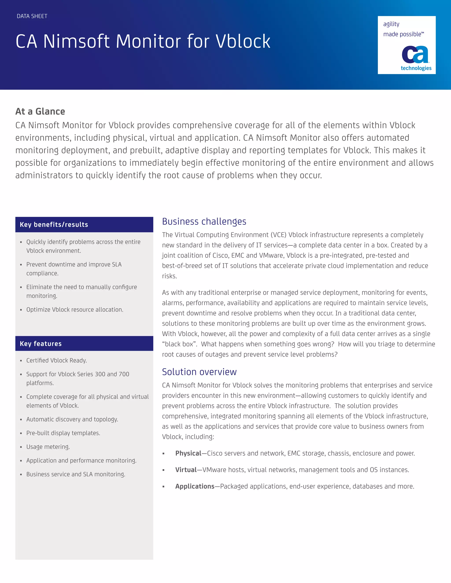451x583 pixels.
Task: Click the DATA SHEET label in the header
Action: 32,16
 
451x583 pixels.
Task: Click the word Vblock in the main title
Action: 243,42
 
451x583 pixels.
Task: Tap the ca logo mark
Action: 415,55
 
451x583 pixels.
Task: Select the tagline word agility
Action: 391,24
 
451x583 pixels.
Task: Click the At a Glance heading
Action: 40,111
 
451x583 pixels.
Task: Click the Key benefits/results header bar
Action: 84,224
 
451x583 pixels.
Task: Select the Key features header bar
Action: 84,344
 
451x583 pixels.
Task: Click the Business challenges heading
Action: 204,222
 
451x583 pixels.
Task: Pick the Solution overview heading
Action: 199,372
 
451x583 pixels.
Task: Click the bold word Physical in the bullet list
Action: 188,453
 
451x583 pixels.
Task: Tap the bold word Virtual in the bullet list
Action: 186,470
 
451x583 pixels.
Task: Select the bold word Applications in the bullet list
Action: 195,486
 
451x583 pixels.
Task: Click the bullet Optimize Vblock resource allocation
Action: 75,310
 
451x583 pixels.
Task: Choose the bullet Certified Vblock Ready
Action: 57,361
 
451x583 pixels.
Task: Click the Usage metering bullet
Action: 48,447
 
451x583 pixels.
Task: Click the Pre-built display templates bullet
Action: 63,433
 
